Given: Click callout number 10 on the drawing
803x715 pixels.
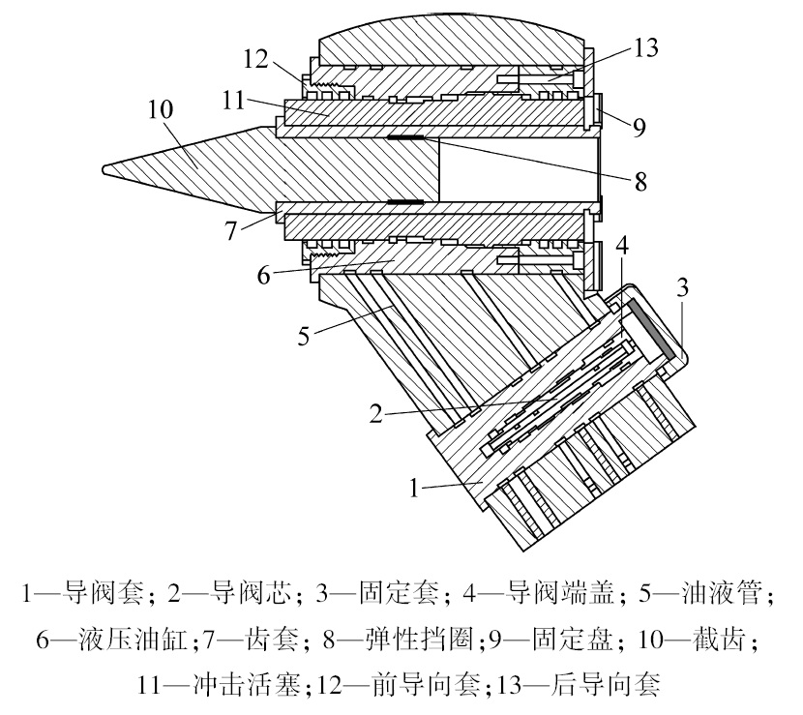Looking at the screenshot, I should (162, 107).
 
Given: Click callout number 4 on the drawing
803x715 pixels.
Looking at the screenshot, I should (620, 245).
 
